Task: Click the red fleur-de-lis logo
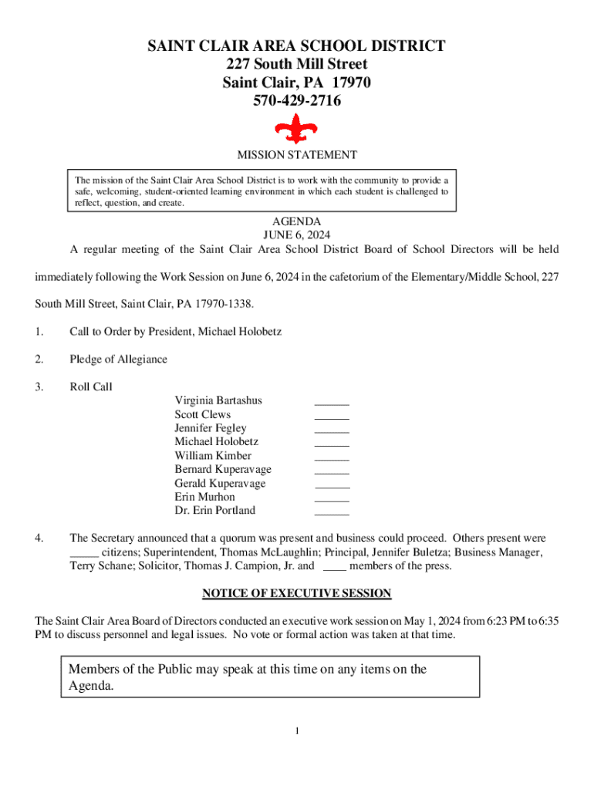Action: [296, 128]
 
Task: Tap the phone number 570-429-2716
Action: [297, 101]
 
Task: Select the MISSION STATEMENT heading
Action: [297, 155]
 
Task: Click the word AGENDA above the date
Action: [297, 221]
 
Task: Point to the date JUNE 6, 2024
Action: [297, 235]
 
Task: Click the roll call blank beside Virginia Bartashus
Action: [332, 403]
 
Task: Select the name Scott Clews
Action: [202, 414]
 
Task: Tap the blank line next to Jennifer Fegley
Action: [332, 430]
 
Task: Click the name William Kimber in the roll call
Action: [213, 456]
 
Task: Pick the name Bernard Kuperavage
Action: [223, 469]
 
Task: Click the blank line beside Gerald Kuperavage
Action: [332, 486]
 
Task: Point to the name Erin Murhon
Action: [204, 497]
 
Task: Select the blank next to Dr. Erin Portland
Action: [332, 513]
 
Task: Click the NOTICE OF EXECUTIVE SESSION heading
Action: [297, 593]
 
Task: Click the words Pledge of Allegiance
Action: [118, 360]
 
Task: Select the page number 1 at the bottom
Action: [297, 731]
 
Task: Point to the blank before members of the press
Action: [333, 569]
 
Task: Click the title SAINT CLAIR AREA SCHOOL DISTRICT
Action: [297, 46]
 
